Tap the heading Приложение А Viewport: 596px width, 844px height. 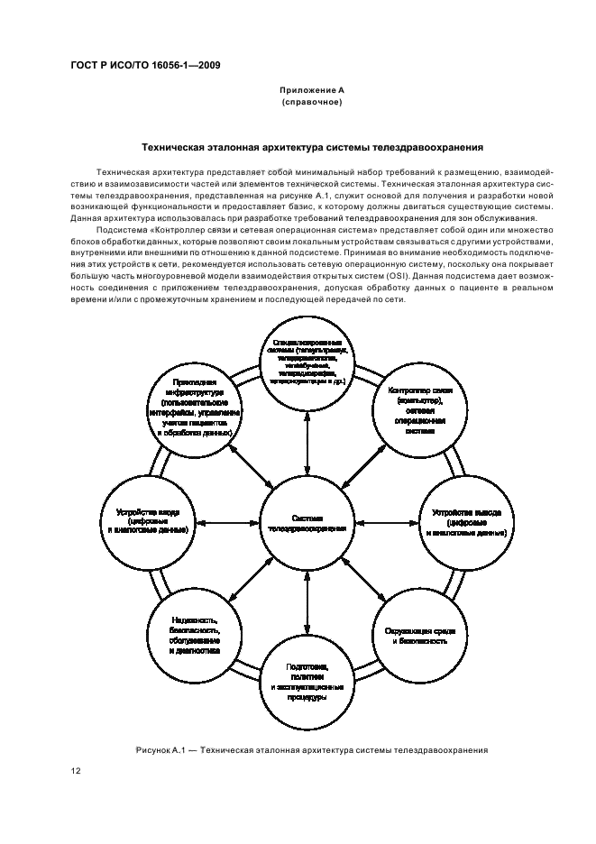pyautogui.click(x=312, y=91)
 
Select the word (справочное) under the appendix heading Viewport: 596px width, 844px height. pyautogui.click(x=312, y=103)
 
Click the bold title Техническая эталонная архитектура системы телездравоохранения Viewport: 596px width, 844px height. pyautogui.click(x=312, y=146)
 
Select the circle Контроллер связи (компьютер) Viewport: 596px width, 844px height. pyautogui.click(x=420, y=410)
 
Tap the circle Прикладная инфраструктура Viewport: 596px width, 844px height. pyautogui.click(x=193, y=410)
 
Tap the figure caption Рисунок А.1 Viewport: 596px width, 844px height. pyautogui.click(x=312, y=749)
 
